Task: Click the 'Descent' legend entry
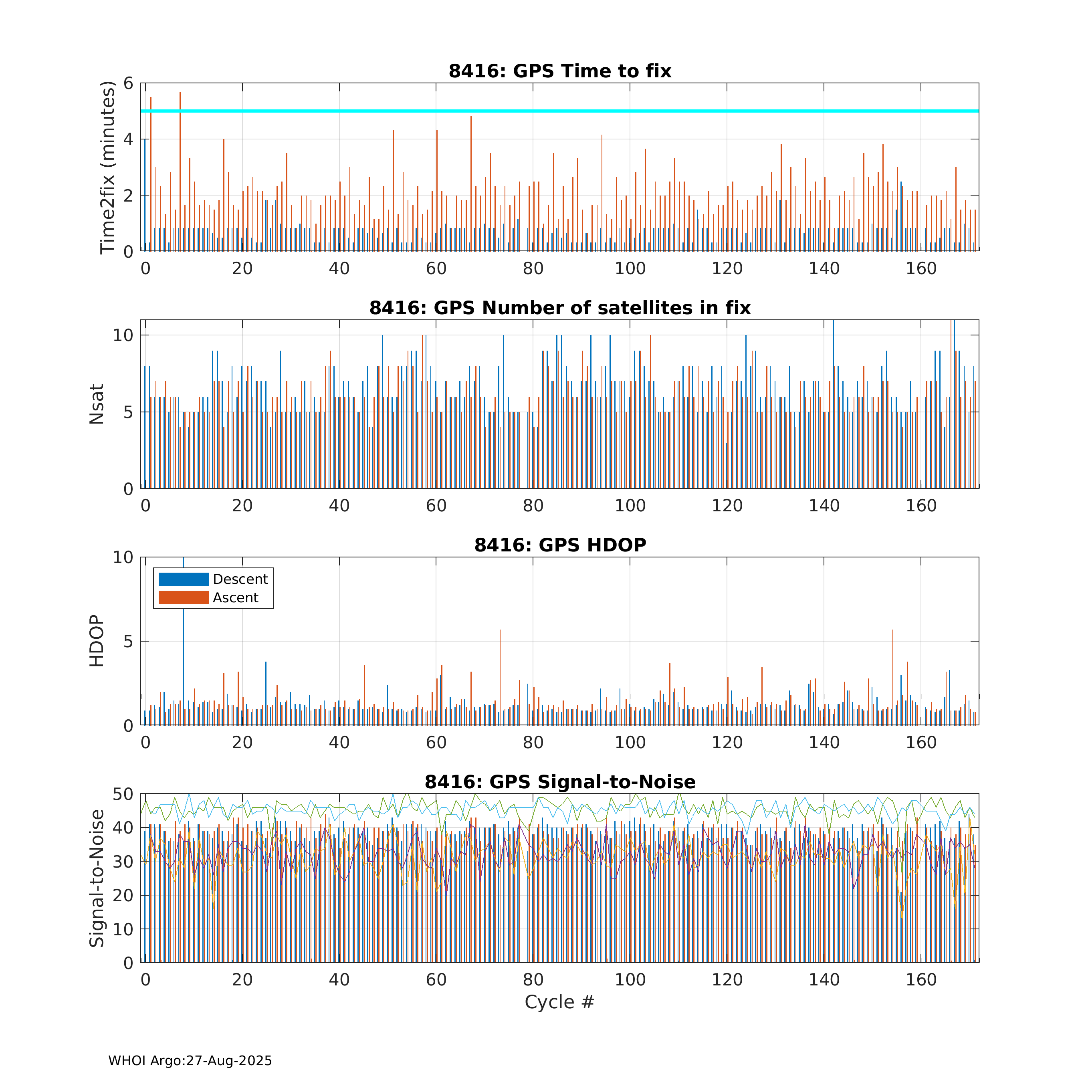(x=240, y=579)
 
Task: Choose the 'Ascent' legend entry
(x=235, y=598)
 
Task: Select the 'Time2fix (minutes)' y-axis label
(x=107, y=168)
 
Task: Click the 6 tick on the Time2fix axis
(x=128, y=83)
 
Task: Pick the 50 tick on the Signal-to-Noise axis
(x=123, y=794)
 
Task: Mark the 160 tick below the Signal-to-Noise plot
(x=921, y=980)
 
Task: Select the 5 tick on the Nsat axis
(x=128, y=412)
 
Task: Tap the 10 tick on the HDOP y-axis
(x=123, y=557)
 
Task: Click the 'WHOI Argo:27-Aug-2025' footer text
(x=190, y=1061)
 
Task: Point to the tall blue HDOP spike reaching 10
(x=184, y=616)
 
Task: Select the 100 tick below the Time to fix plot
(x=630, y=269)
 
